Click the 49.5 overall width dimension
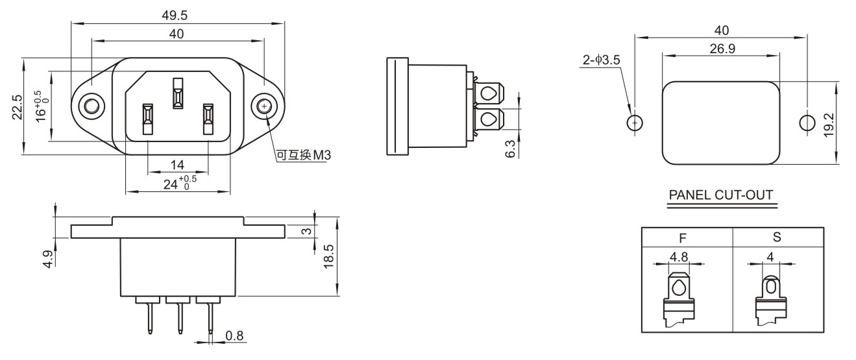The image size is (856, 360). point(175,16)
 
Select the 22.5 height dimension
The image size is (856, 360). point(18,107)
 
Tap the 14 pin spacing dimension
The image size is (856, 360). point(177,165)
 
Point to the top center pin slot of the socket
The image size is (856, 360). point(178,93)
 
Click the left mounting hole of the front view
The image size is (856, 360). point(92,106)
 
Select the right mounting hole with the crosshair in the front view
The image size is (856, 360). point(264,106)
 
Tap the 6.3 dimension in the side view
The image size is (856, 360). point(511,149)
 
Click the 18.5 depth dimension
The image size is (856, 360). point(328,257)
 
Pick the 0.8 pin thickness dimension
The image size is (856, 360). point(234,335)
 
